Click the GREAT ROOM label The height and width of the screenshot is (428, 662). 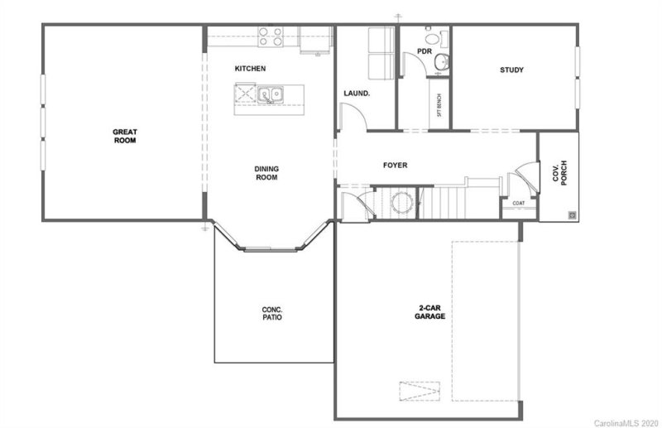(x=124, y=136)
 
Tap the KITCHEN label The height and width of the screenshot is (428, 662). (x=250, y=69)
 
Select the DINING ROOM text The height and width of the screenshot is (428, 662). (x=266, y=173)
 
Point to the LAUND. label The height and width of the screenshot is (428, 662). (x=357, y=94)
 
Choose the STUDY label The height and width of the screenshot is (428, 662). (x=511, y=70)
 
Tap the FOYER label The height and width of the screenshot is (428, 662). (x=395, y=166)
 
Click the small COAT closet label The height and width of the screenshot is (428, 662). (x=519, y=203)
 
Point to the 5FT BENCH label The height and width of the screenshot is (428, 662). (x=439, y=106)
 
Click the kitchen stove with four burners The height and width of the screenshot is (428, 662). (x=270, y=36)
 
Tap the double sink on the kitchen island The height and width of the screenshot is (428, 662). (x=271, y=95)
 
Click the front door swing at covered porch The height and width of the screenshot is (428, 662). (x=523, y=175)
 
